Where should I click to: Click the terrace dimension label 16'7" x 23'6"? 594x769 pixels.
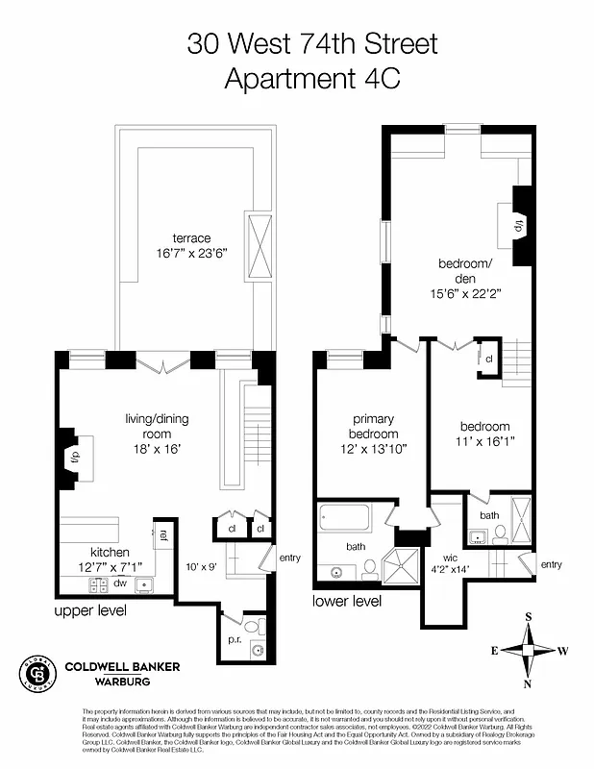[191, 256]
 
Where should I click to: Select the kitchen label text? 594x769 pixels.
[111, 553]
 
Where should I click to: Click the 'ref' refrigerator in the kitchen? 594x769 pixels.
[163, 534]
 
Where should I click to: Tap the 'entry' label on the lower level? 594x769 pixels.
[551, 564]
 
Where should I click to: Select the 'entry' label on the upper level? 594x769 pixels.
[289, 558]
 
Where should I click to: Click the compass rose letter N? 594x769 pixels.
[528, 683]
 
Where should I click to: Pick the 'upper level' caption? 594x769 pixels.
[89, 610]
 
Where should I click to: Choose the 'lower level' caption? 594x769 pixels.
[347, 601]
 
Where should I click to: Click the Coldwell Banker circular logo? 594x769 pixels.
[37, 672]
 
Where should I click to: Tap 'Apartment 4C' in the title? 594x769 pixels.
[311, 79]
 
